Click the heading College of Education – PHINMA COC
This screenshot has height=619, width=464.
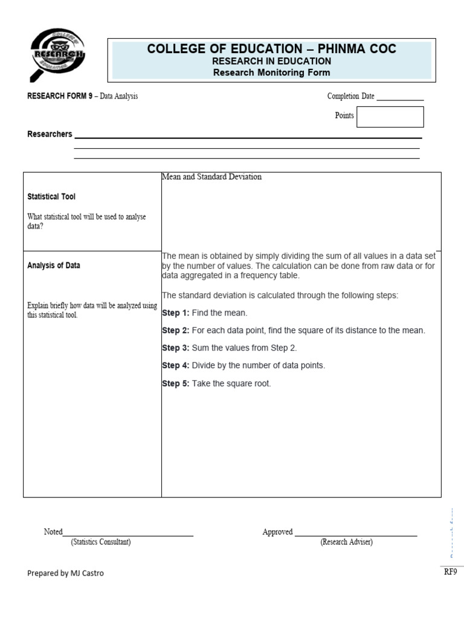point(272,49)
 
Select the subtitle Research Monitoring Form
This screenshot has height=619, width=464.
point(272,73)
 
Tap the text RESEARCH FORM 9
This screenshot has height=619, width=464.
point(59,96)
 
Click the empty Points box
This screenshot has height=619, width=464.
point(390,117)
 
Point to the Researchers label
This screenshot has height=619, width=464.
point(50,134)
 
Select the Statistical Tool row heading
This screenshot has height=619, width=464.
point(51,196)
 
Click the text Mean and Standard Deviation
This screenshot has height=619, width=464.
point(211,177)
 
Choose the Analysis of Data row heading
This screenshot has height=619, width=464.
point(54,265)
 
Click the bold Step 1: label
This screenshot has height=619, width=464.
point(175,313)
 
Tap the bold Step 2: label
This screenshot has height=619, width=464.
point(175,331)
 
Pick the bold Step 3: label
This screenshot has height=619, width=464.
point(175,348)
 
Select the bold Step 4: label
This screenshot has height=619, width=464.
point(175,366)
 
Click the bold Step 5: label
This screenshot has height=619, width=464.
point(175,383)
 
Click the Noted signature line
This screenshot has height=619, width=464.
point(128,534)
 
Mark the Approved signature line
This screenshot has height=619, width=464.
point(355,534)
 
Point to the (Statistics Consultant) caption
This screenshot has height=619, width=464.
point(100,542)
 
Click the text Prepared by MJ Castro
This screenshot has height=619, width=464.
point(65,573)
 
